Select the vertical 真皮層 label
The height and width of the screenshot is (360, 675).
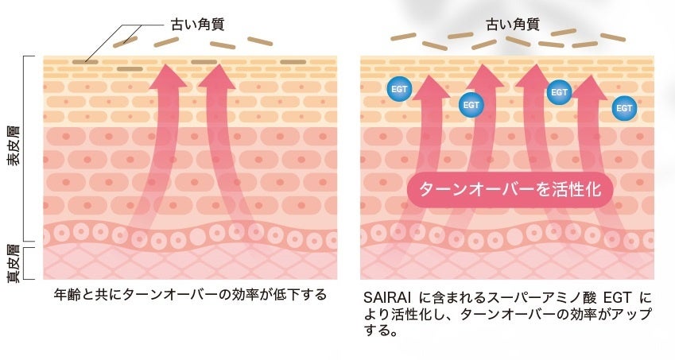click(15, 262)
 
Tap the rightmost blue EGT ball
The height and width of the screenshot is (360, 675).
click(624, 106)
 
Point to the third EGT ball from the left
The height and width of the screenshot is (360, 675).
click(558, 92)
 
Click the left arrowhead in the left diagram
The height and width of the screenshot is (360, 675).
click(166, 78)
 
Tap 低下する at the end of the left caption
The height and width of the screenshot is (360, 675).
click(306, 295)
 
